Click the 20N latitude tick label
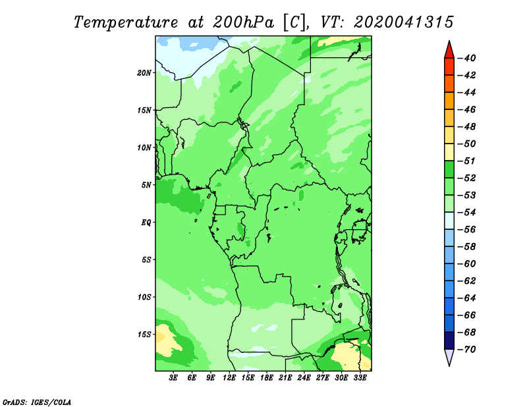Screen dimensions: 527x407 (144, 73)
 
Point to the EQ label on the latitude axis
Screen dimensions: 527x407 (146, 223)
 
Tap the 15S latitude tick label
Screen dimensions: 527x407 (144, 335)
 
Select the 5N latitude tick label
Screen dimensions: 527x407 (146, 185)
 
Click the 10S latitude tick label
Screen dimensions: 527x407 (144, 297)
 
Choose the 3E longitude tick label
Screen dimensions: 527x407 (173, 378)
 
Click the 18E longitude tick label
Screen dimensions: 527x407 (267, 378)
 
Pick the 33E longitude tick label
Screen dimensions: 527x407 (360, 378)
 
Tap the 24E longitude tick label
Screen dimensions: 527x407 (304, 378)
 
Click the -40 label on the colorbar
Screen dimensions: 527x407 (467, 58)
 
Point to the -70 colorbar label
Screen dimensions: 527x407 (467, 350)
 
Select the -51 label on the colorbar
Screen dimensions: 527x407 (467, 161)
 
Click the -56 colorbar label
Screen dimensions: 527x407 (467, 230)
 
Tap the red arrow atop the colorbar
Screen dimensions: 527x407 (449, 51)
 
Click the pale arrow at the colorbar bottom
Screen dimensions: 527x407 (449, 357)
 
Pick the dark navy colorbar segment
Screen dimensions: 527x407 (449, 340)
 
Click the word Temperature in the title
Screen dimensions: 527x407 (126, 22)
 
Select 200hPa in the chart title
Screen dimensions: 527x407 (243, 22)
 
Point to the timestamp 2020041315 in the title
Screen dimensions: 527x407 (404, 22)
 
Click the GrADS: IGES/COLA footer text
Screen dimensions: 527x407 (37, 402)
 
